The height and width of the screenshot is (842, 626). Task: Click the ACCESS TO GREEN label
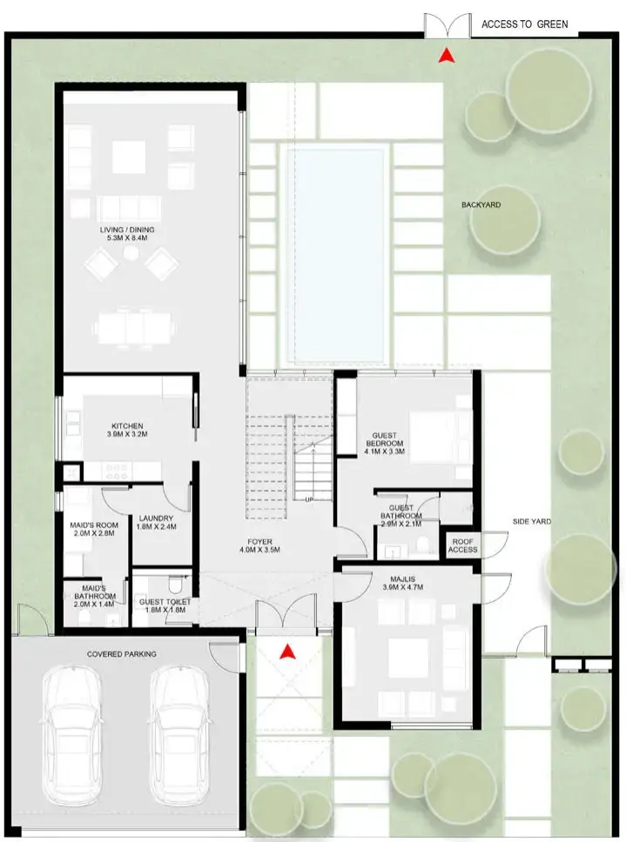(524, 24)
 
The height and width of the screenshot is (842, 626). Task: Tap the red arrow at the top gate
(447, 57)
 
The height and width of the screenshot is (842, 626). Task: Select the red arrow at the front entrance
(290, 650)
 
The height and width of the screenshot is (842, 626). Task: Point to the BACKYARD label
(481, 205)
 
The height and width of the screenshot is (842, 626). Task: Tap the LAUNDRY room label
(157, 519)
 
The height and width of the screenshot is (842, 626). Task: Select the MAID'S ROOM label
(93, 525)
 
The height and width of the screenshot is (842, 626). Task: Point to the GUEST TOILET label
(165, 602)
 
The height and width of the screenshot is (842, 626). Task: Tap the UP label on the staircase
(308, 498)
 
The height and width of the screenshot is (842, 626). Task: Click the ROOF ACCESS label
(462, 545)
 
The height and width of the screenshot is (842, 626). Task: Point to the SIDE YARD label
(531, 522)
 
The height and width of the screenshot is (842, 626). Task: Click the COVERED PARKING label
(122, 653)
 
